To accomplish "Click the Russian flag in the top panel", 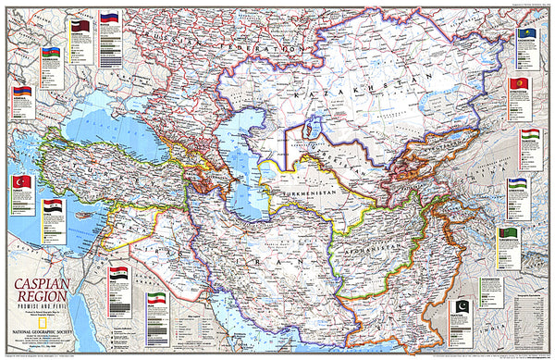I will (111, 18).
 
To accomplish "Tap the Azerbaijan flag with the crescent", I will (51, 53).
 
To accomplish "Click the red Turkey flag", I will (21, 182).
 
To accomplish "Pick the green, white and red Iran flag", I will (158, 301).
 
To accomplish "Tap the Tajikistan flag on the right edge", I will (530, 136).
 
